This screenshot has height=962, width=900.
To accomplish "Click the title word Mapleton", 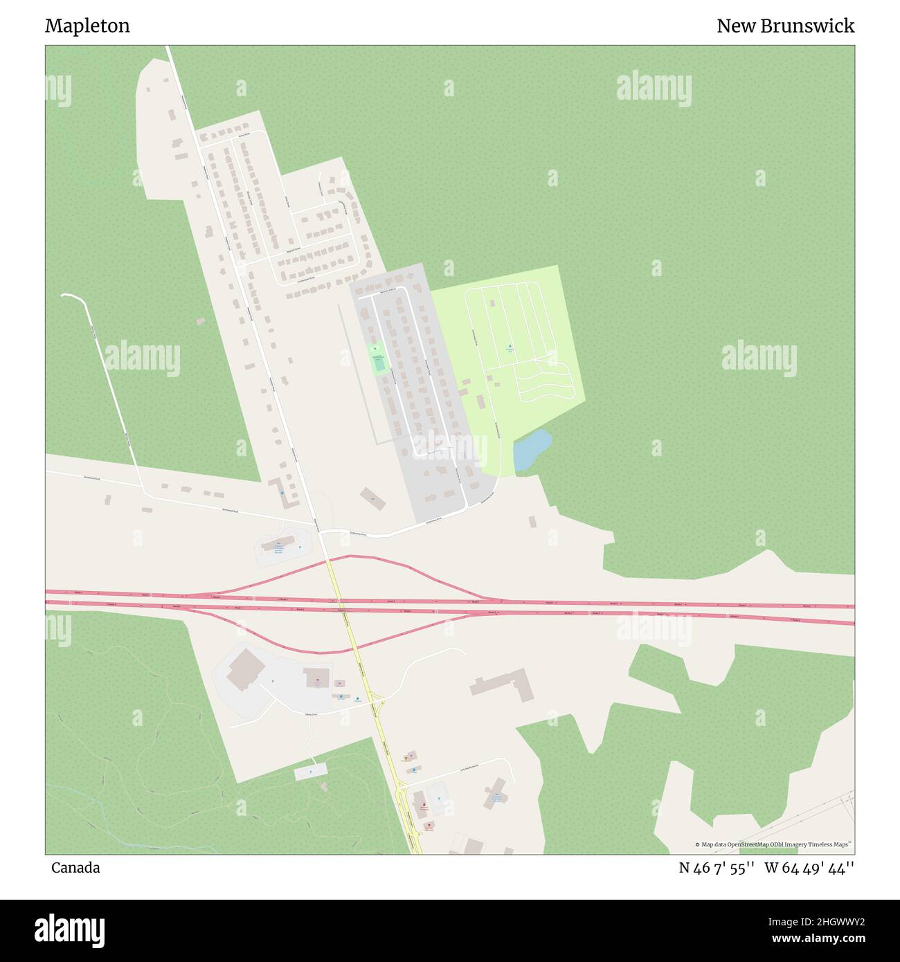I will click(87, 26).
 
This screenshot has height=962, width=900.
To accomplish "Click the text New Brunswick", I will click(785, 26).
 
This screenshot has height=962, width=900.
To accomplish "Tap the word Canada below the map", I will click(75, 868).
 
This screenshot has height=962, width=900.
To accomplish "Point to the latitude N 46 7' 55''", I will click(716, 868).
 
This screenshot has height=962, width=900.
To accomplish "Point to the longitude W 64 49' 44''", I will click(809, 868).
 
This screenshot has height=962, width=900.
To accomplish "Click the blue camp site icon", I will click(510, 346).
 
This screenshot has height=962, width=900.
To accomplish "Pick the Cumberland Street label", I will click(305, 279).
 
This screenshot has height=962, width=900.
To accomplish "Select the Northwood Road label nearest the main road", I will click(231, 511).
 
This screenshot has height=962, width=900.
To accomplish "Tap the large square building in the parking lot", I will click(243, 669).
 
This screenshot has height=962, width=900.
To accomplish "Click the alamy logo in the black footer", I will click(69, 929).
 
